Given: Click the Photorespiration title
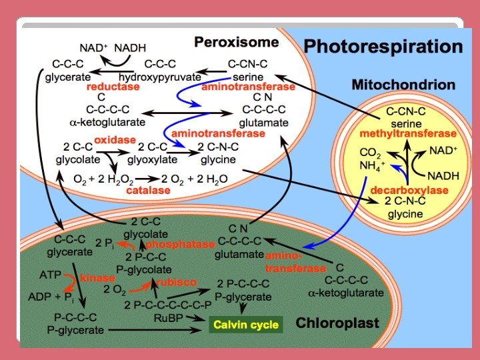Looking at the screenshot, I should (x=383, y=47).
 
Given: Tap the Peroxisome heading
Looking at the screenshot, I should (x=236, y=42).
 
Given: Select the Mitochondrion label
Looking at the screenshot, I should (x=403, y=85).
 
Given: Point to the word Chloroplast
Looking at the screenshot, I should (x=337, y=324).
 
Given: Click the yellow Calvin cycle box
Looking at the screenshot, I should (x=245, y=325).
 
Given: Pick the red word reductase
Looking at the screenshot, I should (x=113, y=87).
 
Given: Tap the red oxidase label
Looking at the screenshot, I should (x=115, y=140).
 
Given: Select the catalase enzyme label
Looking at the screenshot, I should (x=148, y=190).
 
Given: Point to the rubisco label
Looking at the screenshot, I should (x=177, y=282).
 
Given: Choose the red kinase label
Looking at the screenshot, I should (x=98, y=277).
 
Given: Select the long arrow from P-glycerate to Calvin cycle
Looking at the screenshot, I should (x=157, y=329).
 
